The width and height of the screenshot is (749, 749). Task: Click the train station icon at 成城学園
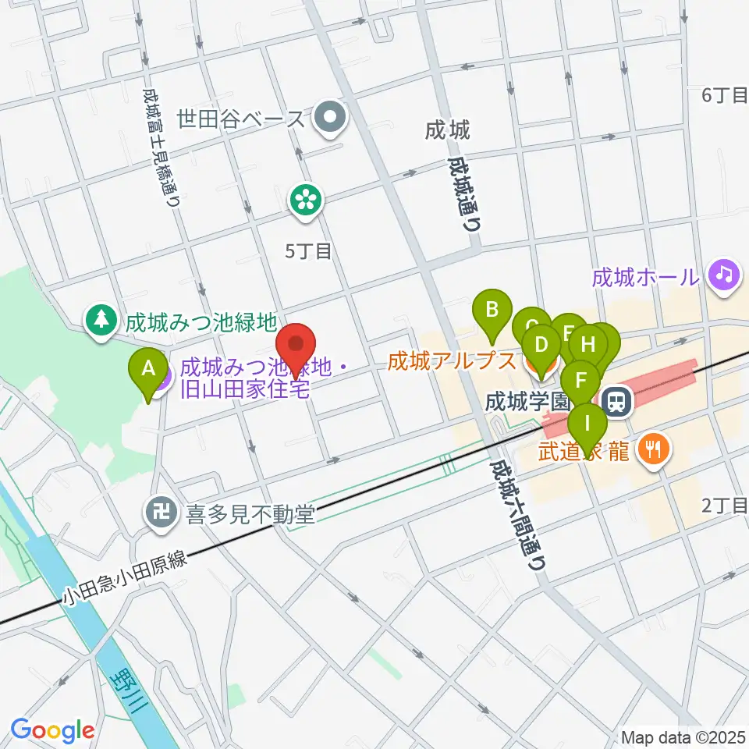tap(616, 403)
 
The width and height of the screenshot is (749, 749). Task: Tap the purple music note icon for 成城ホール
tap(724, 275)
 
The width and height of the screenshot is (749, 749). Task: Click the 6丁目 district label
tap(725, 95)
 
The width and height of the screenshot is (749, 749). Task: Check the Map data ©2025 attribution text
tap(683, 737)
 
